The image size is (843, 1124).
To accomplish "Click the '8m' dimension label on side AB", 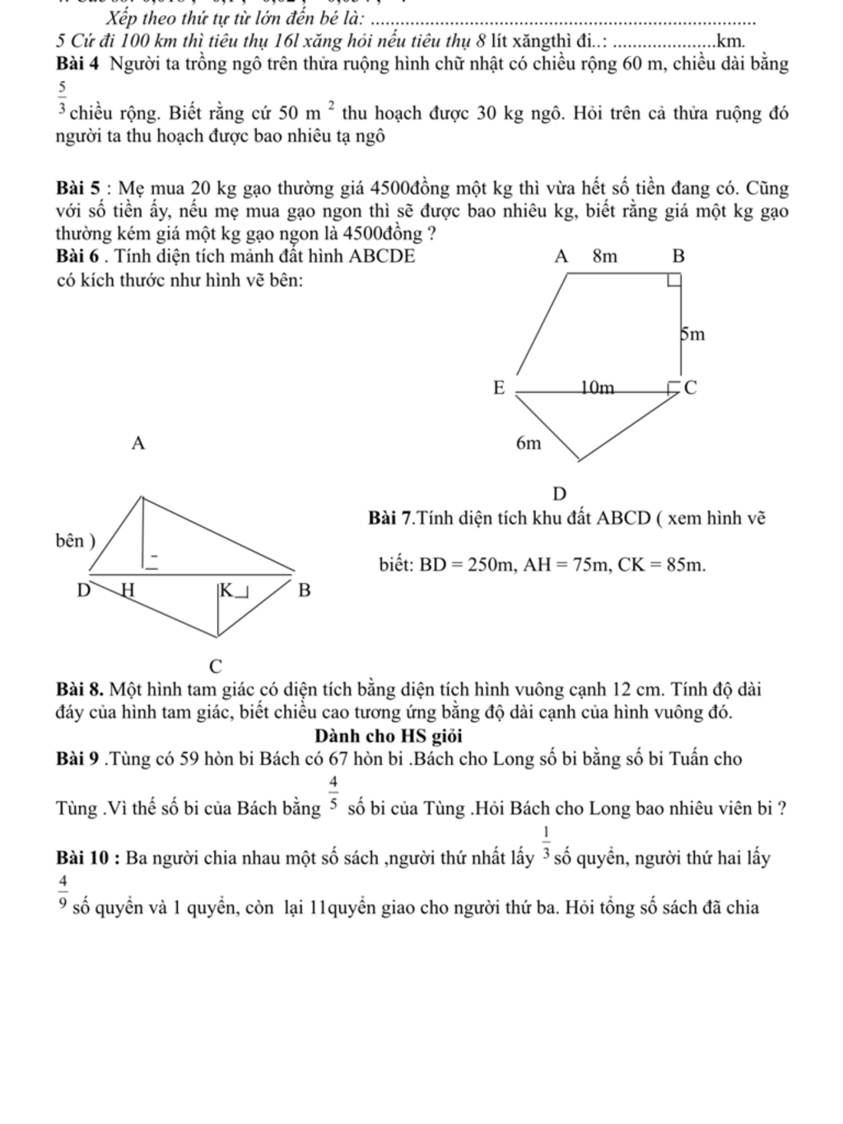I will pos(605,256).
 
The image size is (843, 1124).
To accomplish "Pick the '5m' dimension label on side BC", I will pos(692,335).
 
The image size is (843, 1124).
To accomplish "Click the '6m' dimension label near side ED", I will pos(529,444).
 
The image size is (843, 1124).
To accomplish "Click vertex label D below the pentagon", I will pos(560,493).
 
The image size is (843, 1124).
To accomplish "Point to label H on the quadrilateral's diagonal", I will pos(127,590).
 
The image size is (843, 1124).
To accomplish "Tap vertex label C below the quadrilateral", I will pos(216,665).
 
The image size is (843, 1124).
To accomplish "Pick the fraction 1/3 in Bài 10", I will pos(546,842).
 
